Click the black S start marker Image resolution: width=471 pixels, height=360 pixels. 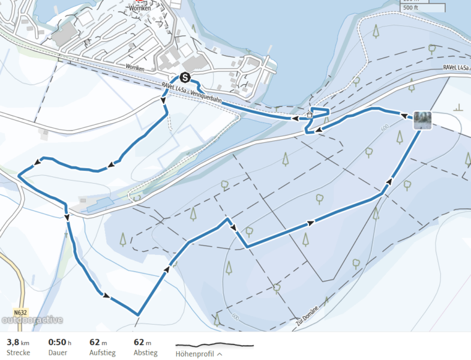[185, 77]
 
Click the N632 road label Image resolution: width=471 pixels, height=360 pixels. [20, 313]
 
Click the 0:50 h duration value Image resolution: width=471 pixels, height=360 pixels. [59, 342]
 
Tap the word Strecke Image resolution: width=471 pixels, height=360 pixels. [18, 353]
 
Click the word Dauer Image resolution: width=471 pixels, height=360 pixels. [58, 353]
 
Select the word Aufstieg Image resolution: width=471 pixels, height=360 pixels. [102, 353]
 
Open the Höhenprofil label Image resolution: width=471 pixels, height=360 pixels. [195, 353]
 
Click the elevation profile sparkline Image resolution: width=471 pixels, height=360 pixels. [214, 345]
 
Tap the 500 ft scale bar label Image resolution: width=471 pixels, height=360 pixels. [411, 8]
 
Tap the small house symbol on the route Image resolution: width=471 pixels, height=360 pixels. [309, 115]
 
